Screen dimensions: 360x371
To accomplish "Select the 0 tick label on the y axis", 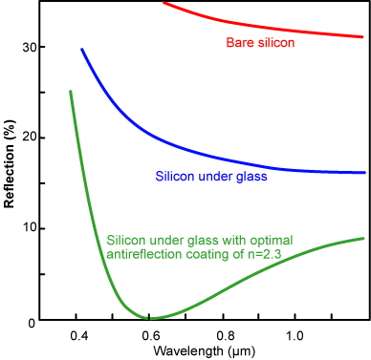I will (32, 320).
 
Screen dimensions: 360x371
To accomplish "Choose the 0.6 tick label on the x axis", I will (152, 335).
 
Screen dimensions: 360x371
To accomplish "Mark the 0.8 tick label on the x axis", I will (225, 335).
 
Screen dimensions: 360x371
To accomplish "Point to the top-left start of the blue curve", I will (82, 49).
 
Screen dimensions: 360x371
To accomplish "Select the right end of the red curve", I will (363, 37).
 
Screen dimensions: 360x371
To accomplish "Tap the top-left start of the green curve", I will (71, 92).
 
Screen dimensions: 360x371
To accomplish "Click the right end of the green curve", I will (363, 238).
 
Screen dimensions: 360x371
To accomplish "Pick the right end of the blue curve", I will (363, 173).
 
